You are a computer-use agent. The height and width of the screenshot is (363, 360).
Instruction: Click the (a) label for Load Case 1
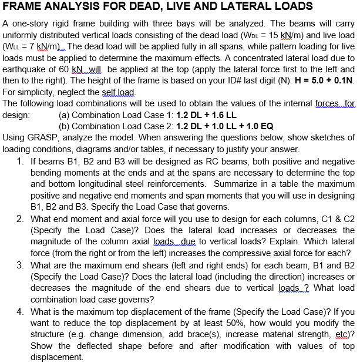coord(65,115)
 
